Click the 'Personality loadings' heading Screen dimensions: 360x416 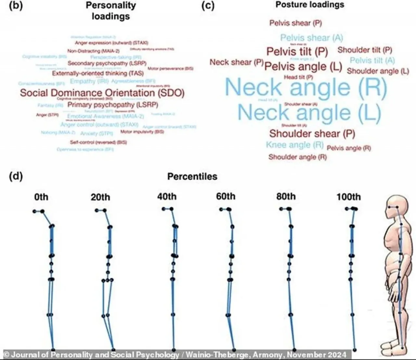tap(110, 11)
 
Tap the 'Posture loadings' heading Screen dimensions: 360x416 tap(310, 5)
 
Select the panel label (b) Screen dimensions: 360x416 tap(16, 6)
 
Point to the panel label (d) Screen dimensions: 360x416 tap(16, 176)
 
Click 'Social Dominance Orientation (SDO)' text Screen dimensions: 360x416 tap(102, 93)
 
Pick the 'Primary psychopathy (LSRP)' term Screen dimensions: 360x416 tap(112, 105)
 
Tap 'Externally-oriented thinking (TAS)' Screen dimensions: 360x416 tap(97, 73)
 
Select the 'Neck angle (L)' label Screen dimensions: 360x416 tap(309, 112)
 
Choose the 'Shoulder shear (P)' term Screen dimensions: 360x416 tap(312, 133)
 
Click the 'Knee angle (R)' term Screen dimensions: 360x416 tap(295, 145)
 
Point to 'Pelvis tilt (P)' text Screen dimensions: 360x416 tap(297, 51)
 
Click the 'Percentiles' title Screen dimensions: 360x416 tap(192, 176)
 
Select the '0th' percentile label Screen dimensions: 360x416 tap(41, 197)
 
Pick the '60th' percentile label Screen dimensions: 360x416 tap(226, 197)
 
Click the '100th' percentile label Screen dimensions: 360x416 tap(348, 197)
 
